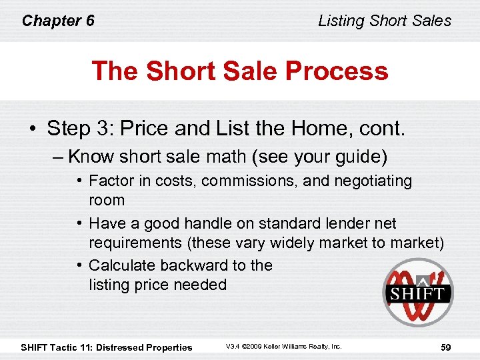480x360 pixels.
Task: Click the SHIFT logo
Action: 418,292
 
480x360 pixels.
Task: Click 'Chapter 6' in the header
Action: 58,21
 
